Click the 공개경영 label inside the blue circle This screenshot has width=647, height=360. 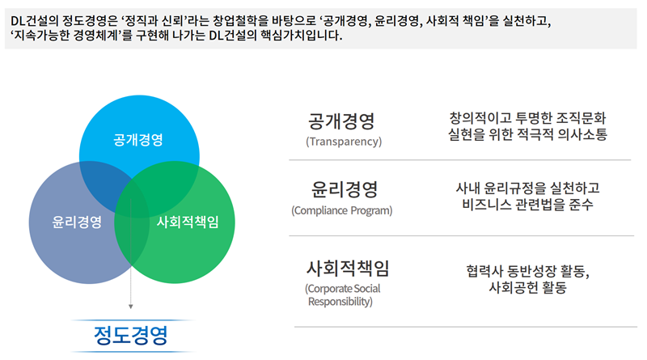pyautogui.click(x=138, y=139)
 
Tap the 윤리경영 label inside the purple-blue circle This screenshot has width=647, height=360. pyautogui.click(x=77, y=222)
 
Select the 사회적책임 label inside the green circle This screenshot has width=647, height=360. pyautogui.click(x=188, y=222)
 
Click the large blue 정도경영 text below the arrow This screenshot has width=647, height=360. pyautogui.click(x=131, y=335)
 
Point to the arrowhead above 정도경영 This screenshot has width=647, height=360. pyautogui.click(x=131, y=307)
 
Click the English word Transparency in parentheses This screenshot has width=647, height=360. pyautogui.click(x=344, y=142)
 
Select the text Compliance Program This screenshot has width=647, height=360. pyautogui.click(x=341, y=210)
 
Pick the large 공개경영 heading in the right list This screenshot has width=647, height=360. pyautogui.click(x=341, y=121)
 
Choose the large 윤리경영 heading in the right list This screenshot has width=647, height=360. pyautogui.click(x=345, y=189)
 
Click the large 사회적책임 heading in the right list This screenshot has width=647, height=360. pyautogui.click(x=348, y=269)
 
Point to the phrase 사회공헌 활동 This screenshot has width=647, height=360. pyautogui.click(x=528, y=287)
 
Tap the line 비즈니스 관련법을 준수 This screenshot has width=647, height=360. pyautogui.click(x=528, y=205)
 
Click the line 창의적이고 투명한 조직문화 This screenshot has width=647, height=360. pyautogui.click(x=528, y=118)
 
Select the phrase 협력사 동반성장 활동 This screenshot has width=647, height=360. pyautogui.click(x=527, y=271)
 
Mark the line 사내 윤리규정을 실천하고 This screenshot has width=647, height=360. pyautogui.click(x=528, y=188)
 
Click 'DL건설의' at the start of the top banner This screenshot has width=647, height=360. pyautogui.click(x=35, y=21)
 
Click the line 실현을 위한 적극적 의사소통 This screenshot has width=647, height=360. pyautogui.click(x=528, y=134)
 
